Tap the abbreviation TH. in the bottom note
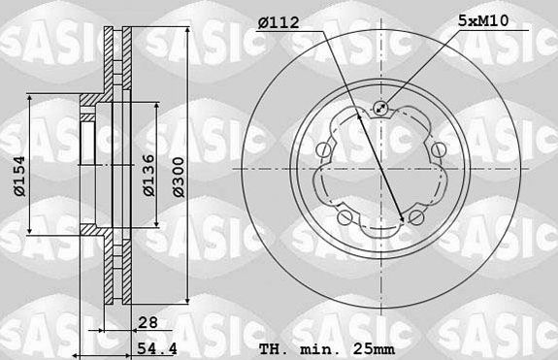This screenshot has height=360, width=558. pyautogui.click(x=274, y=348)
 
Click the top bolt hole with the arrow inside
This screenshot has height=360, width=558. pyautogui.click(x=380, y=110)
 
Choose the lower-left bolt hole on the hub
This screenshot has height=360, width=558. pyautogui.click(x=345, y=216)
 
